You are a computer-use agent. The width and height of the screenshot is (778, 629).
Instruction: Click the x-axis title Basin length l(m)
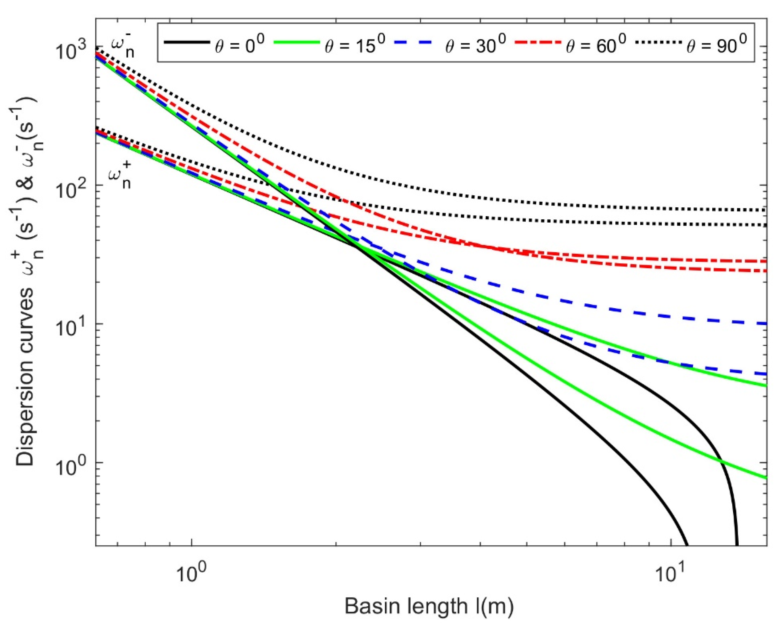tap(429, 607)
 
